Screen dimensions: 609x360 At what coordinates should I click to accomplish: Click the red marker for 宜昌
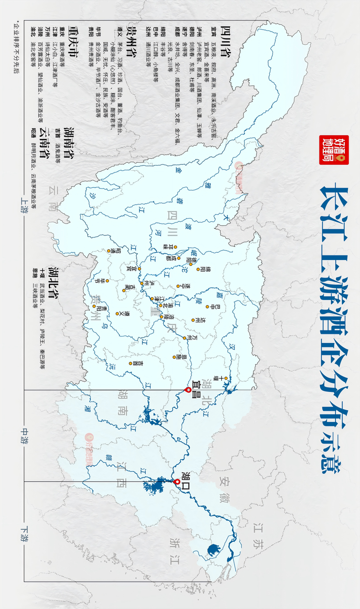(188, 390)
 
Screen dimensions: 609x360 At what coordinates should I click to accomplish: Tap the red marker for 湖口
(177, 482)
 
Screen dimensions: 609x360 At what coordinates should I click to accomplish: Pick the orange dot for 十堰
(227, 378)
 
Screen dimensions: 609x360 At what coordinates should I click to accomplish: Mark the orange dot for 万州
(184, 338)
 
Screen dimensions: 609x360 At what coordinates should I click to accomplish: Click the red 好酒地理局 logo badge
(328, 150)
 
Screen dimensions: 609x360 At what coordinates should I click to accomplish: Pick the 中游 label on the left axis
(23, 435)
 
